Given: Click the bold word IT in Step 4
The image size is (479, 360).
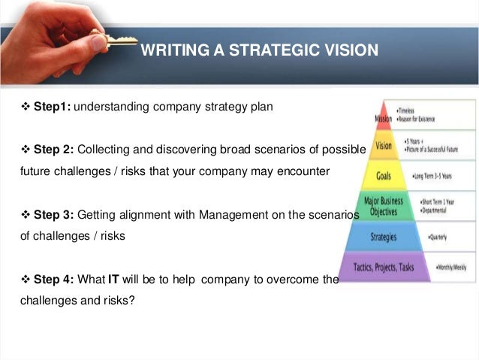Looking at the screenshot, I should coord(115,280).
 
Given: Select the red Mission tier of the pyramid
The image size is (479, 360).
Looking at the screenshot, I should coord(383,119).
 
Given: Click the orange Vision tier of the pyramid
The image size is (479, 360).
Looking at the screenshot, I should coord(384,145).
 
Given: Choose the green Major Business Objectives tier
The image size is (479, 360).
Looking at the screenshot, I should coord(383,205).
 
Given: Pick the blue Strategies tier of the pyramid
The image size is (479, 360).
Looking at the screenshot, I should coord(383,237).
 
